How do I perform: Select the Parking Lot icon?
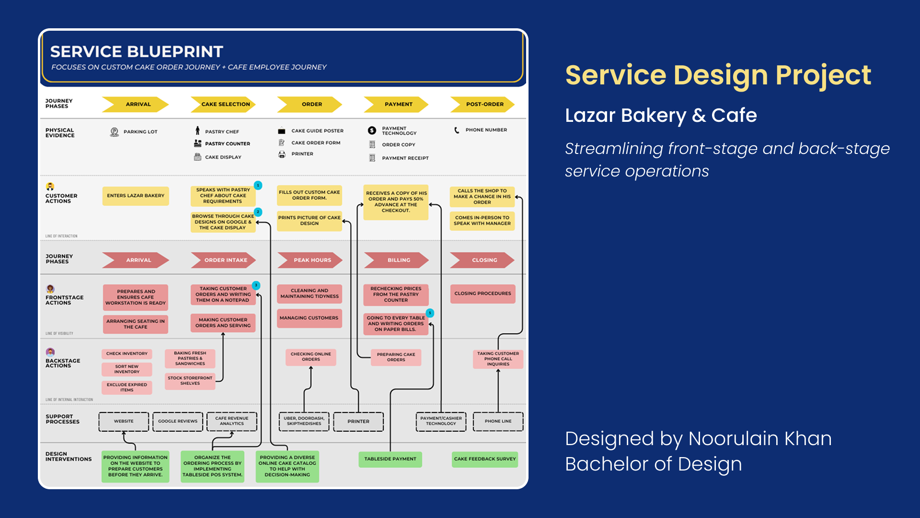[114, 132]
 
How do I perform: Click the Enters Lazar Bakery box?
[136, 196]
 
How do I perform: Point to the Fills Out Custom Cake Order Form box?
[310, 195]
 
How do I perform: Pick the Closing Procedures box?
[483, 294]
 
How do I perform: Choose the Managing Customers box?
[309, 318]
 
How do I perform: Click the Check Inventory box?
[127, 354]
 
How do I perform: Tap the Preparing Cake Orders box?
[396, 357]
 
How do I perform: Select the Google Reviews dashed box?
[178, 422]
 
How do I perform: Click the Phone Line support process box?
[498, 422]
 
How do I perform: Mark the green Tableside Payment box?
[390, 459]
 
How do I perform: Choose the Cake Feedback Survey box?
[485, 459]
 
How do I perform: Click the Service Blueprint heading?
[137, 52]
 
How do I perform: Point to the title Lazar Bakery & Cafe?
[661, 116]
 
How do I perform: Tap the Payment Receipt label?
[405, 158]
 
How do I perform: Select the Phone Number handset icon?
[457, 130]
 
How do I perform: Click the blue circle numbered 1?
[258, 185]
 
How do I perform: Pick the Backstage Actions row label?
[63, 363]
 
